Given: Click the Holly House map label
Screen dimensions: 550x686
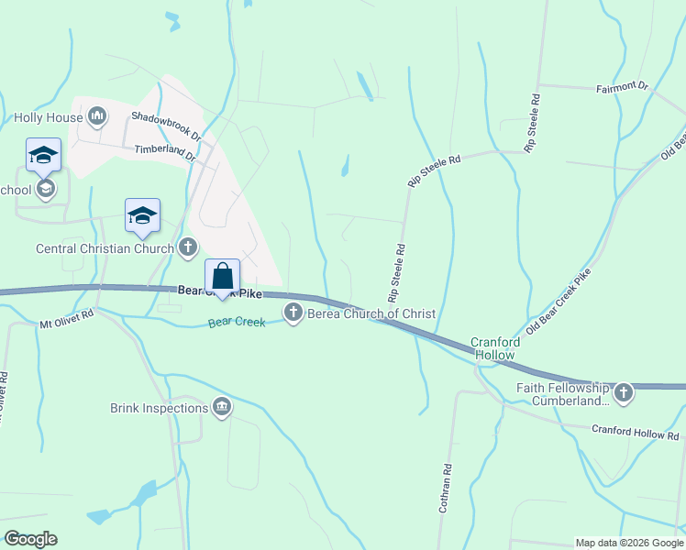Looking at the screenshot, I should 49,117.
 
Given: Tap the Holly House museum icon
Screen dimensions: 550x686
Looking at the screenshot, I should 98,116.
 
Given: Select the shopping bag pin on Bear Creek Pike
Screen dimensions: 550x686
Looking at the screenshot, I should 222,276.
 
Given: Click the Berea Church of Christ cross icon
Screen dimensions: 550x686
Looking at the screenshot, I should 293,313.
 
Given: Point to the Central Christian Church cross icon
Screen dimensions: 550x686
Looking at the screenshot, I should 188,247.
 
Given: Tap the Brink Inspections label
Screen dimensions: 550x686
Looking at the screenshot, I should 159,408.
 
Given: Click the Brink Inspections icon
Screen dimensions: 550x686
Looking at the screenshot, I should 221,407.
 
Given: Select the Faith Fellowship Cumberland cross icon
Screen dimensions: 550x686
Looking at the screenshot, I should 624,393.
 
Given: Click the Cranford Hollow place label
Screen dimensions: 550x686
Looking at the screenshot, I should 496,348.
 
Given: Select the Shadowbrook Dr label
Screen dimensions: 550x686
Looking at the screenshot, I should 165,117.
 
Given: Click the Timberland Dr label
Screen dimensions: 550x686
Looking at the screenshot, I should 166,151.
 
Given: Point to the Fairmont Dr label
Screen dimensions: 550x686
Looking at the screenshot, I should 622,87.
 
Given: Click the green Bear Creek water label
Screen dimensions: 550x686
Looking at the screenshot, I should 237,323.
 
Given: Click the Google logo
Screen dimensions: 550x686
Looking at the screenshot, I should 30,539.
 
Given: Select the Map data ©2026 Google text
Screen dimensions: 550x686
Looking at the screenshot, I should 628,543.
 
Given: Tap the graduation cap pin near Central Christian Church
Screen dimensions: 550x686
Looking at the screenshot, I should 142,216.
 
